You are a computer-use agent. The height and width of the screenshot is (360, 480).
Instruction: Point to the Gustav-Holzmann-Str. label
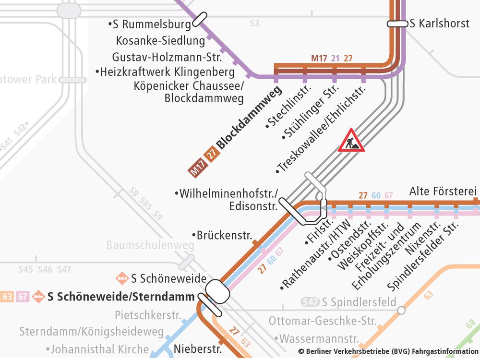pyautogui.click(x=167, y=57)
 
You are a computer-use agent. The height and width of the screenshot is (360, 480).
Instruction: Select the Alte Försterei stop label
pyautogui.click(x=439, y=192)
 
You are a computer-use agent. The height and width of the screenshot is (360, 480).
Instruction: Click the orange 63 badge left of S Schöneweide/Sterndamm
pyautogui.click(x=7, y=297)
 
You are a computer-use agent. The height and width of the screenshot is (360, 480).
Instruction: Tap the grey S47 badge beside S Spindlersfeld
pyautogui.click(x=310, y=302)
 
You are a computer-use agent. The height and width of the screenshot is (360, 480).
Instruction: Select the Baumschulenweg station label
pyautogui.click(x=150, y=246)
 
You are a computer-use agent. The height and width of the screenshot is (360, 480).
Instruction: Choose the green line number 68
pyautogui.click(x=471, y=325)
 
